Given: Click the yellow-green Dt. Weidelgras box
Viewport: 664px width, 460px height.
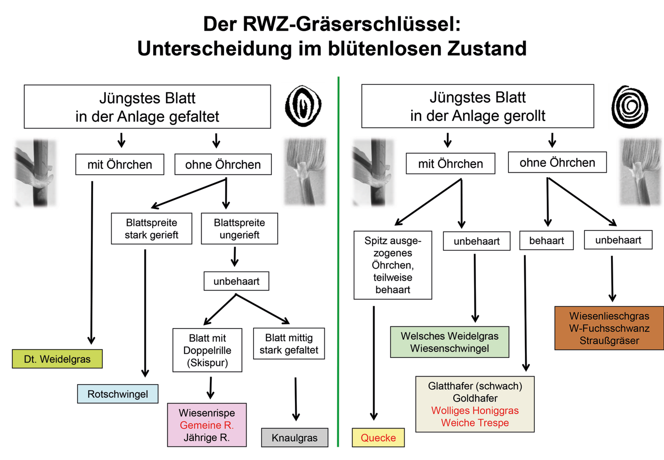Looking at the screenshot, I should (57, 359).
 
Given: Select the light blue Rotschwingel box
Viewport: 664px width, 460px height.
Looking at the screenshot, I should (117, 394).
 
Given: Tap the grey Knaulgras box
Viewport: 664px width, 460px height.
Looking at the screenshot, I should (295, 438).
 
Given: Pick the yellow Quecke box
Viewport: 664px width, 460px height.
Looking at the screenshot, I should (378, 438).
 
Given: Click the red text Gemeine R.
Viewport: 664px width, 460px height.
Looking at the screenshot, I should (207, 425).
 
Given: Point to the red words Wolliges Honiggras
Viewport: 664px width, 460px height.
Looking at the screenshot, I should (475, 411).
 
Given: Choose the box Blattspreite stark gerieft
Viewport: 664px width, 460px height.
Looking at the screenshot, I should (151, 229).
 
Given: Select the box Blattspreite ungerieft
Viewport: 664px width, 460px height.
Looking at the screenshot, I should (239, 229).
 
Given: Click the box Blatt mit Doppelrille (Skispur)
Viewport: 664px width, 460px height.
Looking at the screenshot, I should (207, 350).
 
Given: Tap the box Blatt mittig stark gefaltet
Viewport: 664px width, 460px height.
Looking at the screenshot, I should (289, 344).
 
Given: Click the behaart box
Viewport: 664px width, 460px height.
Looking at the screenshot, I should (546, 241).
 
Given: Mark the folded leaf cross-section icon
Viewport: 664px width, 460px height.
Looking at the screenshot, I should (303, 106).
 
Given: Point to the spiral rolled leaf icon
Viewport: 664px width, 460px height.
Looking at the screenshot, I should (630, 107).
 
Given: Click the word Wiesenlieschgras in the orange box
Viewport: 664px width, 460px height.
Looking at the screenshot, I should (609, 316).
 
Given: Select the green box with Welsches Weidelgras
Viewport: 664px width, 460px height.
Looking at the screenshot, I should (449, 342).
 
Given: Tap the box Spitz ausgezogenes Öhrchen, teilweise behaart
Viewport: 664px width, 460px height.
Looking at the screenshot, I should (393, 265).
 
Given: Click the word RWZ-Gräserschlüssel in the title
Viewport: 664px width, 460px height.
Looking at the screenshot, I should (352, 24).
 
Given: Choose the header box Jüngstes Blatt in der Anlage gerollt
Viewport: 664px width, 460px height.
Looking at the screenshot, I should (477, 106).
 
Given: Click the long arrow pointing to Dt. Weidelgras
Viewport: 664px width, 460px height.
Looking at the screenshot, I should (92, 262).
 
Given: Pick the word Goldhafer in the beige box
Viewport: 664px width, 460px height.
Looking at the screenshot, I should (475, 399).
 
